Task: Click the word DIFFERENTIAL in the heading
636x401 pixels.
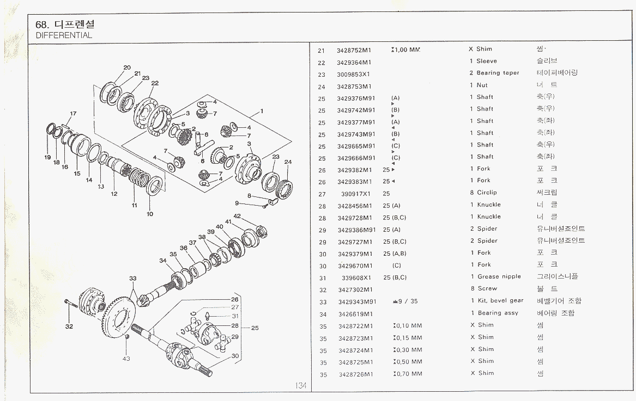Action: coord(64,35)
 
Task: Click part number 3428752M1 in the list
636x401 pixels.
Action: coord(354,50)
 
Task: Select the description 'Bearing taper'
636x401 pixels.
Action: coord(498,73)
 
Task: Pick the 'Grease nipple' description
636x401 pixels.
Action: coord(499,277)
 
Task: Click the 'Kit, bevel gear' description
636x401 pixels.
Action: coord(500,301)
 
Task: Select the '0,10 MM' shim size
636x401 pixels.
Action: coord(408,326)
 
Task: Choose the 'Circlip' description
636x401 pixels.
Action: coord(487,193)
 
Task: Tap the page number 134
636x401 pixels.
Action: coord(301,386)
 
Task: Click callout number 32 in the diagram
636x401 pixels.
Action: coord(69,327)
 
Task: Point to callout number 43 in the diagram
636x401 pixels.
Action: coord(126,358)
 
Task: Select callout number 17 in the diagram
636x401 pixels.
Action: coord(73,114)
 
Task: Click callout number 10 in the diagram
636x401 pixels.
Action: coord(150,214)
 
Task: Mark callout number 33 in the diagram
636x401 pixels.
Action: coord(132,279)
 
